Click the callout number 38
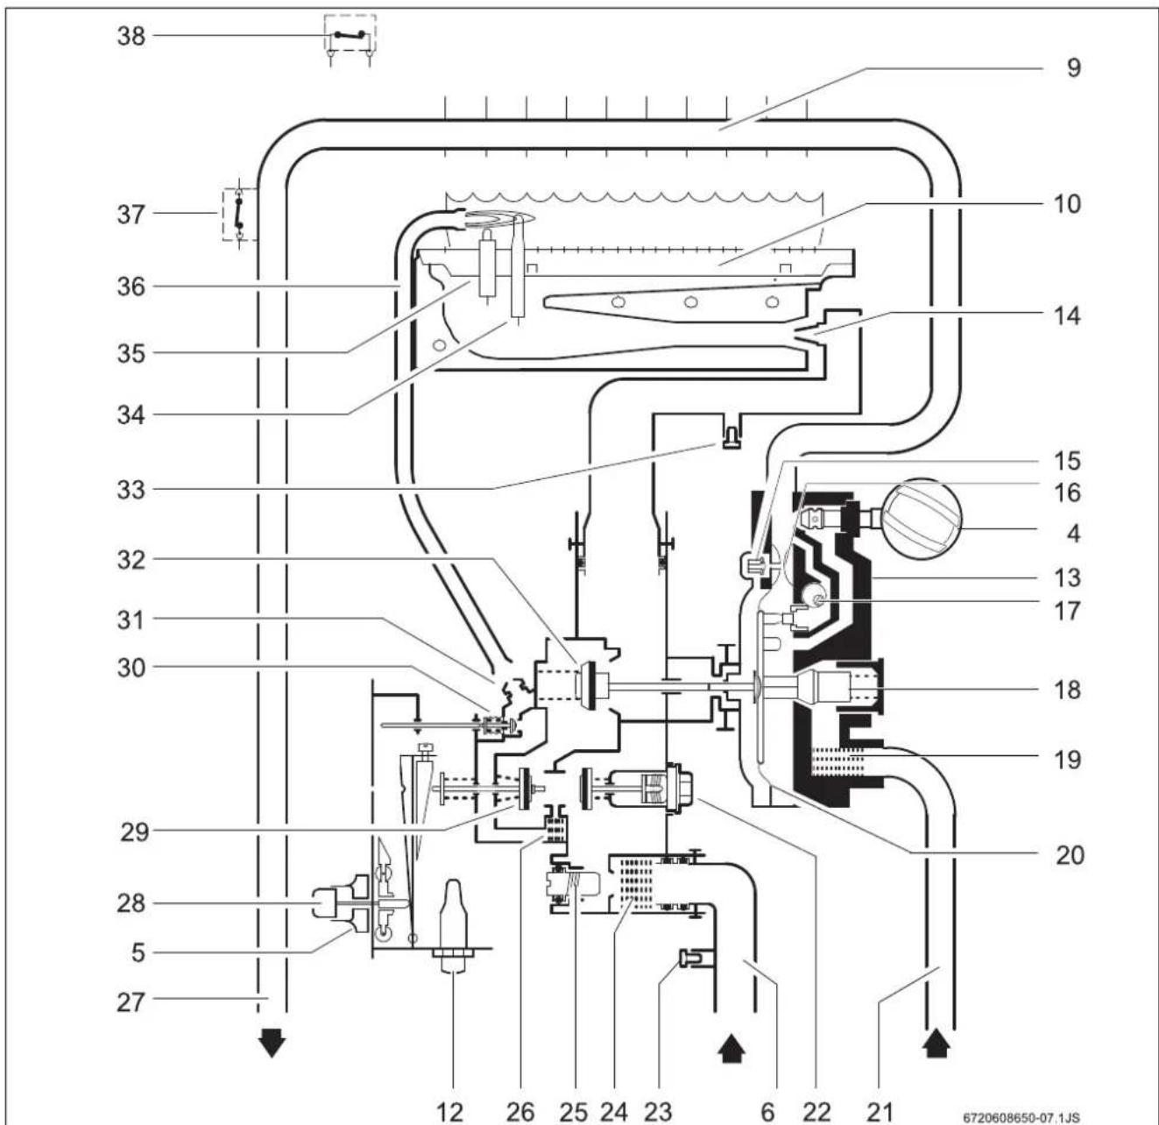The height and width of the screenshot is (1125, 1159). [x=131, y=36]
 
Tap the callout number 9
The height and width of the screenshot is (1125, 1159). [x=1073, y=67]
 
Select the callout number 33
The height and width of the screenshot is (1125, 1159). [x=131, y=490]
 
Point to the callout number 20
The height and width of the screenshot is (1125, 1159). [x=1070, y=855]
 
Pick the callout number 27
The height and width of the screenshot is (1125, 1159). [x=131, y=1002]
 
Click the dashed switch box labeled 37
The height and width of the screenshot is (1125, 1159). [x=240, y=214]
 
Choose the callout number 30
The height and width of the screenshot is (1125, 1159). [x=131, y=669]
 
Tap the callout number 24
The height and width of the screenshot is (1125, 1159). [x=613, y=1111]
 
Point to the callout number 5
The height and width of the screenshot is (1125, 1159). [x=138, y=953]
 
